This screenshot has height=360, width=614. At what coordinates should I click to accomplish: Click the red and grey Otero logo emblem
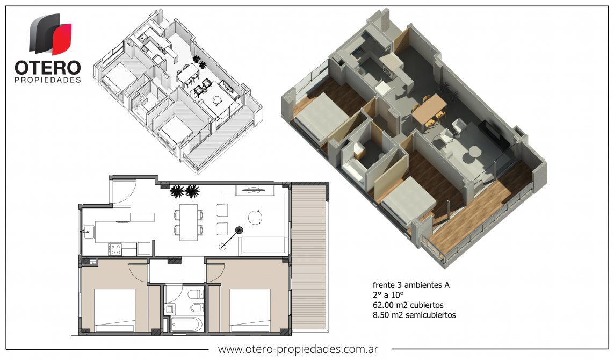(50, 34)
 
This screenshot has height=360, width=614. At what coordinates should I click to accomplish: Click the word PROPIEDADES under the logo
(48, 80)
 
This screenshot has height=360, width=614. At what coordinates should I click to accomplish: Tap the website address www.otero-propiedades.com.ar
(298, 349)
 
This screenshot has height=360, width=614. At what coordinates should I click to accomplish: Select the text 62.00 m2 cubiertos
(408, 305)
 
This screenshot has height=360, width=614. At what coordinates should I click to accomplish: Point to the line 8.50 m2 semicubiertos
(414, 315)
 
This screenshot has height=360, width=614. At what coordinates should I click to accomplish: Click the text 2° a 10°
(388, 295)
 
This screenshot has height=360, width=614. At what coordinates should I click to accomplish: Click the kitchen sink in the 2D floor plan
(88, 232)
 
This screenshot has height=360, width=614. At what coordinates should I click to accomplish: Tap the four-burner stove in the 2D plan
(115, 249)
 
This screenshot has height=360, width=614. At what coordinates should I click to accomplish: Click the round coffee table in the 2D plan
(255, 218)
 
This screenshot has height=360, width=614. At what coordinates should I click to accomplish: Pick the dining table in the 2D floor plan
(189, 222)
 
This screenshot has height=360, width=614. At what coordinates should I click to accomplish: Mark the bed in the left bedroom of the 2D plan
(115, 310)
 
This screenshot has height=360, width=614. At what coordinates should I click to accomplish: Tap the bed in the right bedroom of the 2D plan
(250, 310)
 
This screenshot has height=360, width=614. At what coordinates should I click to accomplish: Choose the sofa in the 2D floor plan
(263, 245)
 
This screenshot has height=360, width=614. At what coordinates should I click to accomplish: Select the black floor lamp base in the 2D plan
(239, 230)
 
